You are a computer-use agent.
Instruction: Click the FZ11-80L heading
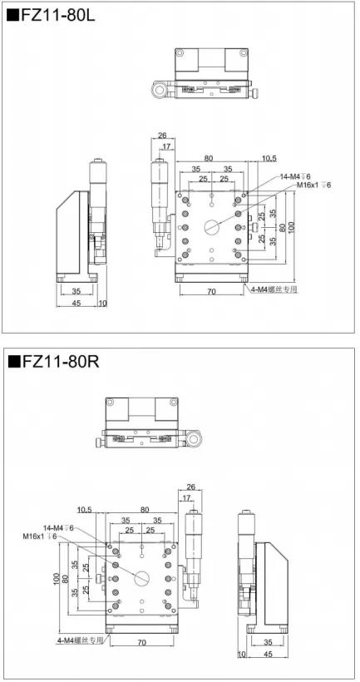click(52, 16)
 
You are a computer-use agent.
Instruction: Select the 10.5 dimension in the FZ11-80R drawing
click(84, 509)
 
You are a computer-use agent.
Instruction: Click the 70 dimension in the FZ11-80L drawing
click(211, 292)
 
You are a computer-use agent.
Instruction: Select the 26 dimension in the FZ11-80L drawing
click(163, 135)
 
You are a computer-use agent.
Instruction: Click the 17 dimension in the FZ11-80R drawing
click(186, 497)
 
